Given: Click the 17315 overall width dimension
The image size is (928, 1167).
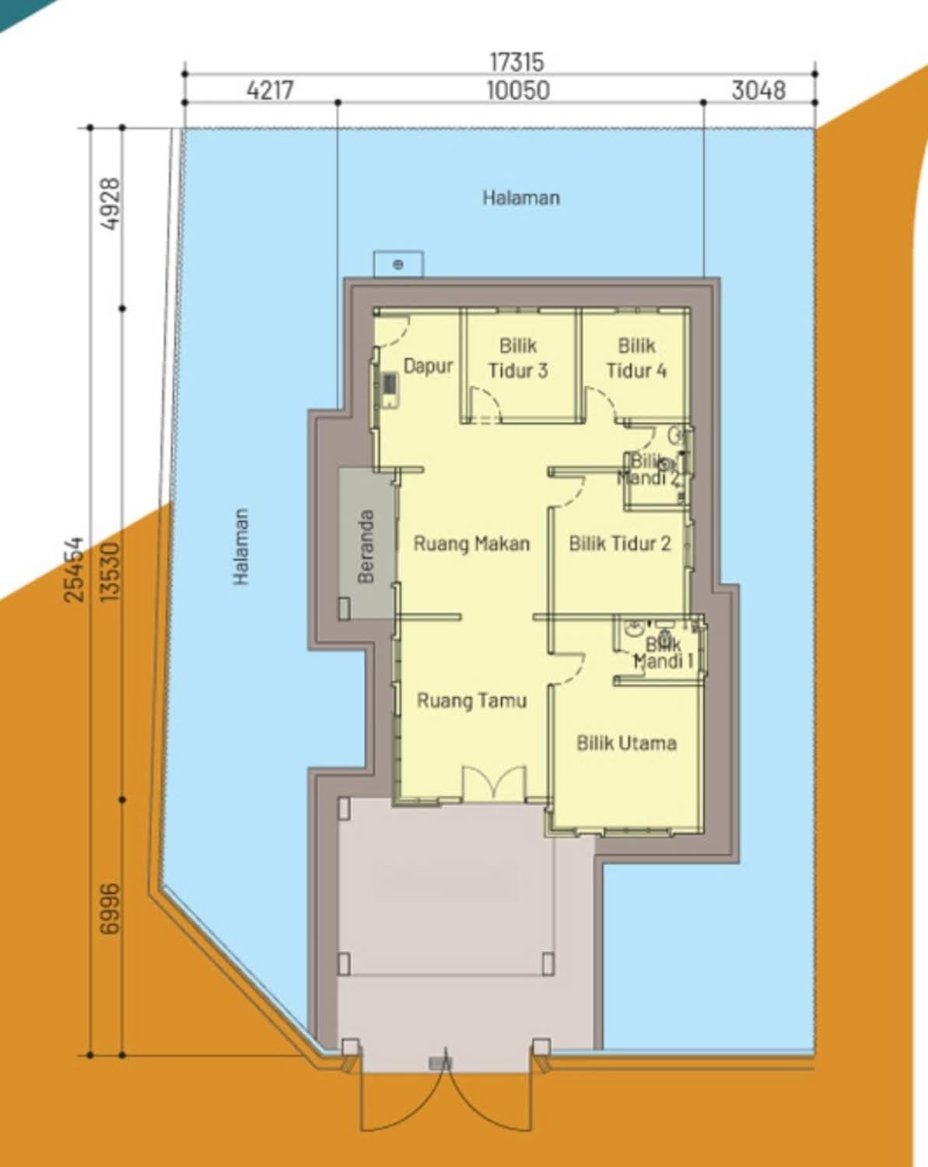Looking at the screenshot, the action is [x=517, y=61].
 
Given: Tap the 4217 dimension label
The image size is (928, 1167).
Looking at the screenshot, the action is [x=270, y=90].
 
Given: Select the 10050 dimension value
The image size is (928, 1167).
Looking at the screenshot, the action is [x=518, y=90].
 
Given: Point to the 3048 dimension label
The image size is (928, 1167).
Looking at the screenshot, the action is [x=758, y=90].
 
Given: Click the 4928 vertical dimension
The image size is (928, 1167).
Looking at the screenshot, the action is [x=110, y=204].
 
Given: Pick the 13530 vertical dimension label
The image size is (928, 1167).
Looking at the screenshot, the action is [x=110, y=572].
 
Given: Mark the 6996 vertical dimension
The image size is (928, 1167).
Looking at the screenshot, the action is [x=110, y=909].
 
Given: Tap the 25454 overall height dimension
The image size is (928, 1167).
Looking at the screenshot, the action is [x=75, y=569].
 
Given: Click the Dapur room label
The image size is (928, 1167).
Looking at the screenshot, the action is [x=428, y=366].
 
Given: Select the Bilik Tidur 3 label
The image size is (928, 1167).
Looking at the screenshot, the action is [x=518, y=358].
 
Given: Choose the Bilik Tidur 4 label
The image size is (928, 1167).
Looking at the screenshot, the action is [x=636, y=358].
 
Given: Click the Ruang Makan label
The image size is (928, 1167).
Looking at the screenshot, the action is [x=471, y=543].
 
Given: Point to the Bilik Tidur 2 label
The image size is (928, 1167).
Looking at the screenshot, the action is [x=620, y=543].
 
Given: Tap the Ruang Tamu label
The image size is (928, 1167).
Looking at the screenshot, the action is [x=471, y=701].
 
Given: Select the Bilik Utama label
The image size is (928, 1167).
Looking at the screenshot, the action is [x=626, y=743].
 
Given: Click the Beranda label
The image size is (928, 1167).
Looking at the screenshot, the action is [x=366, y=546].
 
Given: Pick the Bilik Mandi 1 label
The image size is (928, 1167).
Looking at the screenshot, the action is [x=664, y=653].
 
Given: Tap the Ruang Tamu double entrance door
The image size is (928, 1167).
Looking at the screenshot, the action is [x=494, y=783].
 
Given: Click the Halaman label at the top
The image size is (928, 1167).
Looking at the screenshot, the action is [x=521, y=198].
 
